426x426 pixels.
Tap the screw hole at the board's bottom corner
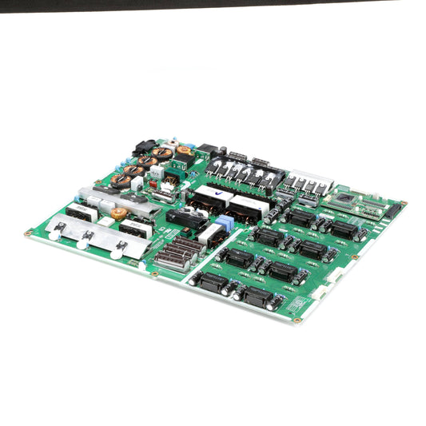pos(297,320)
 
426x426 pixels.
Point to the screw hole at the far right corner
pos(403,204)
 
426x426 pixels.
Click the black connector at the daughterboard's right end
pos(392,210)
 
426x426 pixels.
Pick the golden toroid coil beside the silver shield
pos(119,213)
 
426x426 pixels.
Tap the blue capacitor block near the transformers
pos(224,223)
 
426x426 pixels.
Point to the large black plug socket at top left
pos(145,147)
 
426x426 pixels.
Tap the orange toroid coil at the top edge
pos(185,150)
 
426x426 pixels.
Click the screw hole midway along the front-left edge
pos(153,273)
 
